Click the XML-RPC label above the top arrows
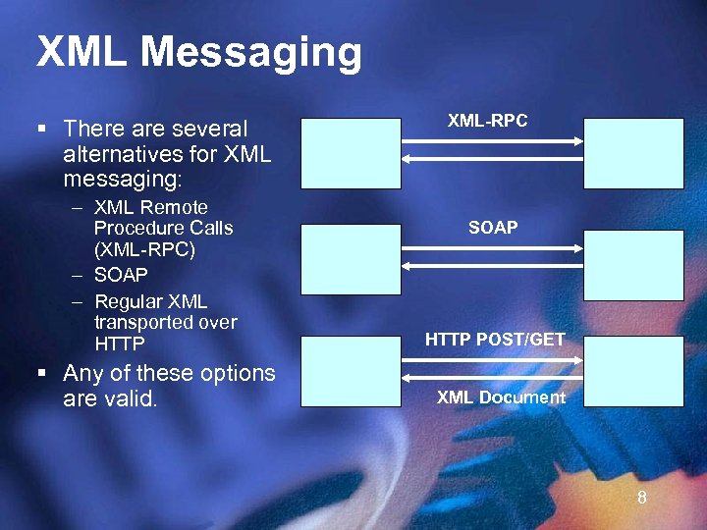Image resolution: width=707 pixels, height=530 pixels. pyautogui.click(x=487, y=121)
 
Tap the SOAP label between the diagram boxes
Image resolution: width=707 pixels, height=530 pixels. pyautogui.click(x=493, y=228)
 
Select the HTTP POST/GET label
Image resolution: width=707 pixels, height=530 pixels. pyautogui.click(x=495, y=340)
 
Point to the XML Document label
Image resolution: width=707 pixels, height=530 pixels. pyautogui.click(x=501, y=397)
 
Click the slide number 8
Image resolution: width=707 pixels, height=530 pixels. pyautogui.click(x=642, y=498)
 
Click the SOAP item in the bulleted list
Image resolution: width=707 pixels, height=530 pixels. pyautogui.click(x=121, y=276)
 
